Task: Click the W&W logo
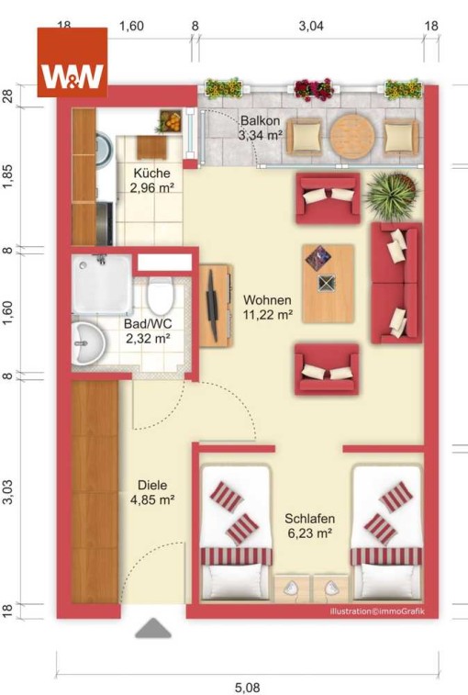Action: pyautogui.click(x=72, y=62)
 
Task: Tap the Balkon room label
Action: pyautogui.click(x=260, y=120)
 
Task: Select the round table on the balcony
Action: pyautogui.click(x=352, y=136)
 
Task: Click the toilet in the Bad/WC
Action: pyautogui.click(x=160, y=295)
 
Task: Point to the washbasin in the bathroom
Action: pyautogui.click(x=88, y=343)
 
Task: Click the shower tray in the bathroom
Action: pyautogui.click(x=102, y=285)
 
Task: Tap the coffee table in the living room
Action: pyautogui.click(x=329, y=283)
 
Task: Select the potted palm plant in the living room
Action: pyautogui.click(x=392, y=196)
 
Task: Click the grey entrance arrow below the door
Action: pyautogui.click(x=153, y=628)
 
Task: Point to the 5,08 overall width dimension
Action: pyautogui.click(x=247, y=688)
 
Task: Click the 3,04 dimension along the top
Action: pyautogui.click(x=311, y=26)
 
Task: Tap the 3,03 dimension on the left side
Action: pyautogui.click(x=8, y=491)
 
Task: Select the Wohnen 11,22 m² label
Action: pyautogui.click(x=268, y=308)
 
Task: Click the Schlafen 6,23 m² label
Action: pyautogui.click(x=310, y=526)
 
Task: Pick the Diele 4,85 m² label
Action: pyautogui.click(x=152, y=492)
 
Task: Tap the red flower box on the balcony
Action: pyautogui.click(x=314, y=89)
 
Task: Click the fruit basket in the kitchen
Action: pyautogui.click(x=170, y=121)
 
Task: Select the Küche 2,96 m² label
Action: pyautogui.click(x=151, y=180)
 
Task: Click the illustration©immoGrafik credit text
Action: pyautogui.click(x=377, y=611)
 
